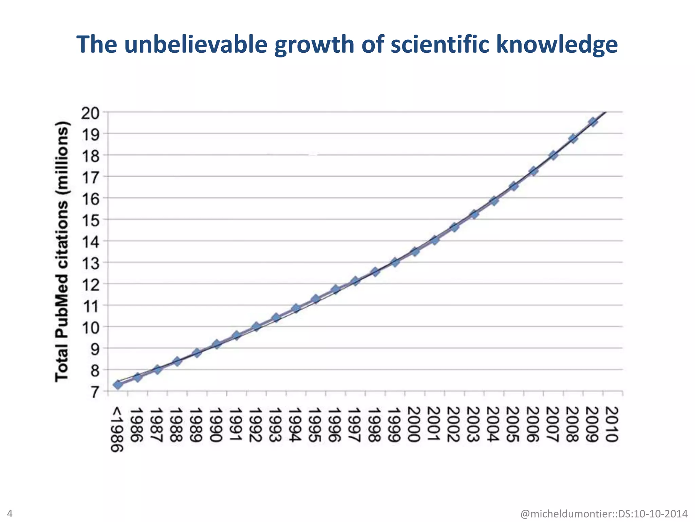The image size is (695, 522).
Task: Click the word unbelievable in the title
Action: [x=195, y=44]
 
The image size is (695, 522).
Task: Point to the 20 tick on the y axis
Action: [x=90, y=113]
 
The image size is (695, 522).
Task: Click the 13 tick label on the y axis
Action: [x=90, y=263]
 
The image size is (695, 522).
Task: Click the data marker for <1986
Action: [x=118, y=385]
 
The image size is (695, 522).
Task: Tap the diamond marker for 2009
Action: [x=593, y=122]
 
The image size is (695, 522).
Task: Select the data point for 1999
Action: [x=395, y=262]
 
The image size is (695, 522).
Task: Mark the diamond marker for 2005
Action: [x=514, y=186]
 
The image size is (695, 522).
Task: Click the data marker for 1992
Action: [x=256, y=327]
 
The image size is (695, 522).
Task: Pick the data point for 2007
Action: [x=553, y=155]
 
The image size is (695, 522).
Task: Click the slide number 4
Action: [x=10, y=513]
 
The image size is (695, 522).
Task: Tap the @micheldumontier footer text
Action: [x=604, y=514]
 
